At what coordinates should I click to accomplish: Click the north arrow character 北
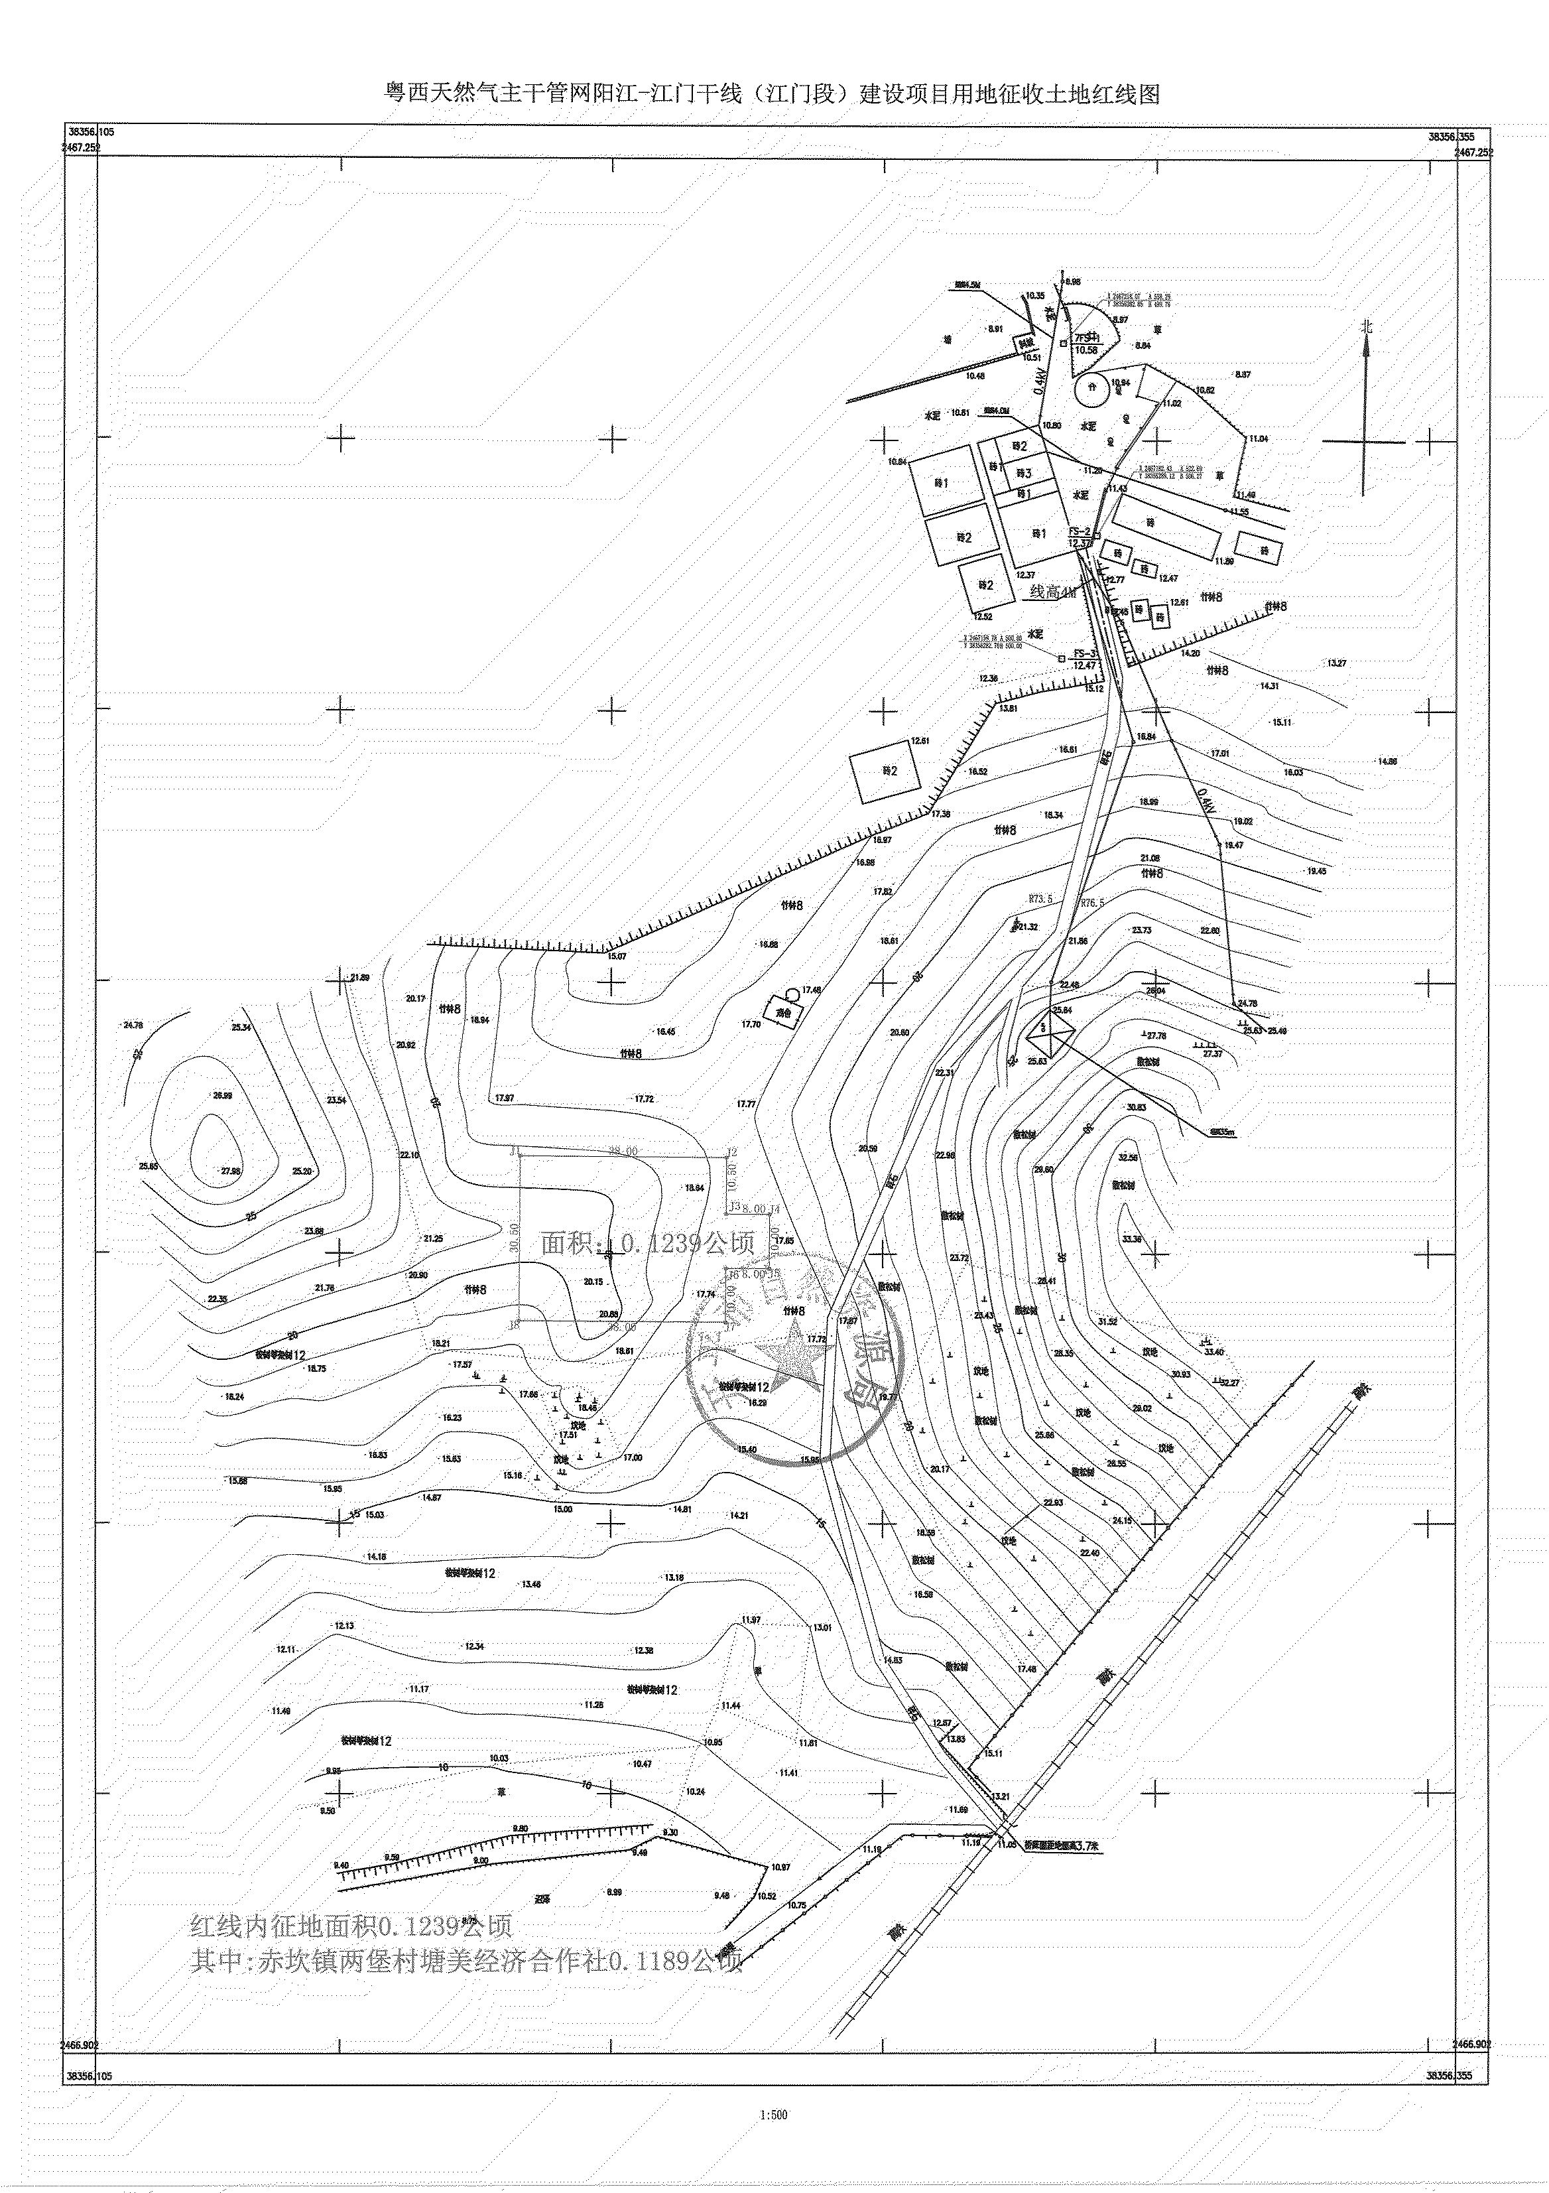click(x=1367, y=326)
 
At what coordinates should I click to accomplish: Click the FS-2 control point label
click(x=1079, y=531)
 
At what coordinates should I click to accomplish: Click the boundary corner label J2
click(x=733, y=1151)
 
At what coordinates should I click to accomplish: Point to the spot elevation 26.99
click(x=223, y=1096)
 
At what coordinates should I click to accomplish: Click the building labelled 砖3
click(x=1024, y=473)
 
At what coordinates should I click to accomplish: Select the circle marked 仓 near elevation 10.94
click(x=1091, y=389)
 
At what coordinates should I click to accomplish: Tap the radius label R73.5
click(x=1040, y=899)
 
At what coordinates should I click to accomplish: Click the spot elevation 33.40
click(x=1213, y=1351)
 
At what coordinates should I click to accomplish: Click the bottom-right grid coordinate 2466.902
click(x=1471, y=2044)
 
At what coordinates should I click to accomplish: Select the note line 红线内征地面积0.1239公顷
click(x=351, y=1924)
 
